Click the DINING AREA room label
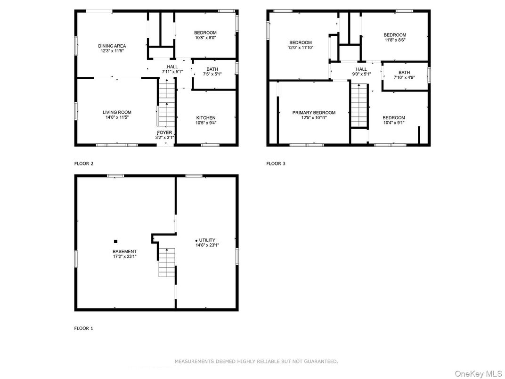click(112, 46)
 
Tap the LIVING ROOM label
click(117, 112)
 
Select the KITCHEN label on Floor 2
click(206, 118)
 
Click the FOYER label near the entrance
click(165, 132)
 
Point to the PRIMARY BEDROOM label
click(314, 113)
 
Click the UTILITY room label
click(207, 240)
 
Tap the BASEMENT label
click(124, 251)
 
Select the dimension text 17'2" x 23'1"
click(124, 256)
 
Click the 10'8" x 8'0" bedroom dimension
click(205, 38)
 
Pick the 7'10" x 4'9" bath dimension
click(404, 78)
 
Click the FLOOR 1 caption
click(84, 328)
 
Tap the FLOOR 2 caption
click(84, 164)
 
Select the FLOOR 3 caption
click(276, 164)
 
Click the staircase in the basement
click(166, 263)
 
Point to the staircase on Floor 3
click(359, 104)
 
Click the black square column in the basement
click(115, 241)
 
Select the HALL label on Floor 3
click(361, 69)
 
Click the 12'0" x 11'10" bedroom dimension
click(301, 47)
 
